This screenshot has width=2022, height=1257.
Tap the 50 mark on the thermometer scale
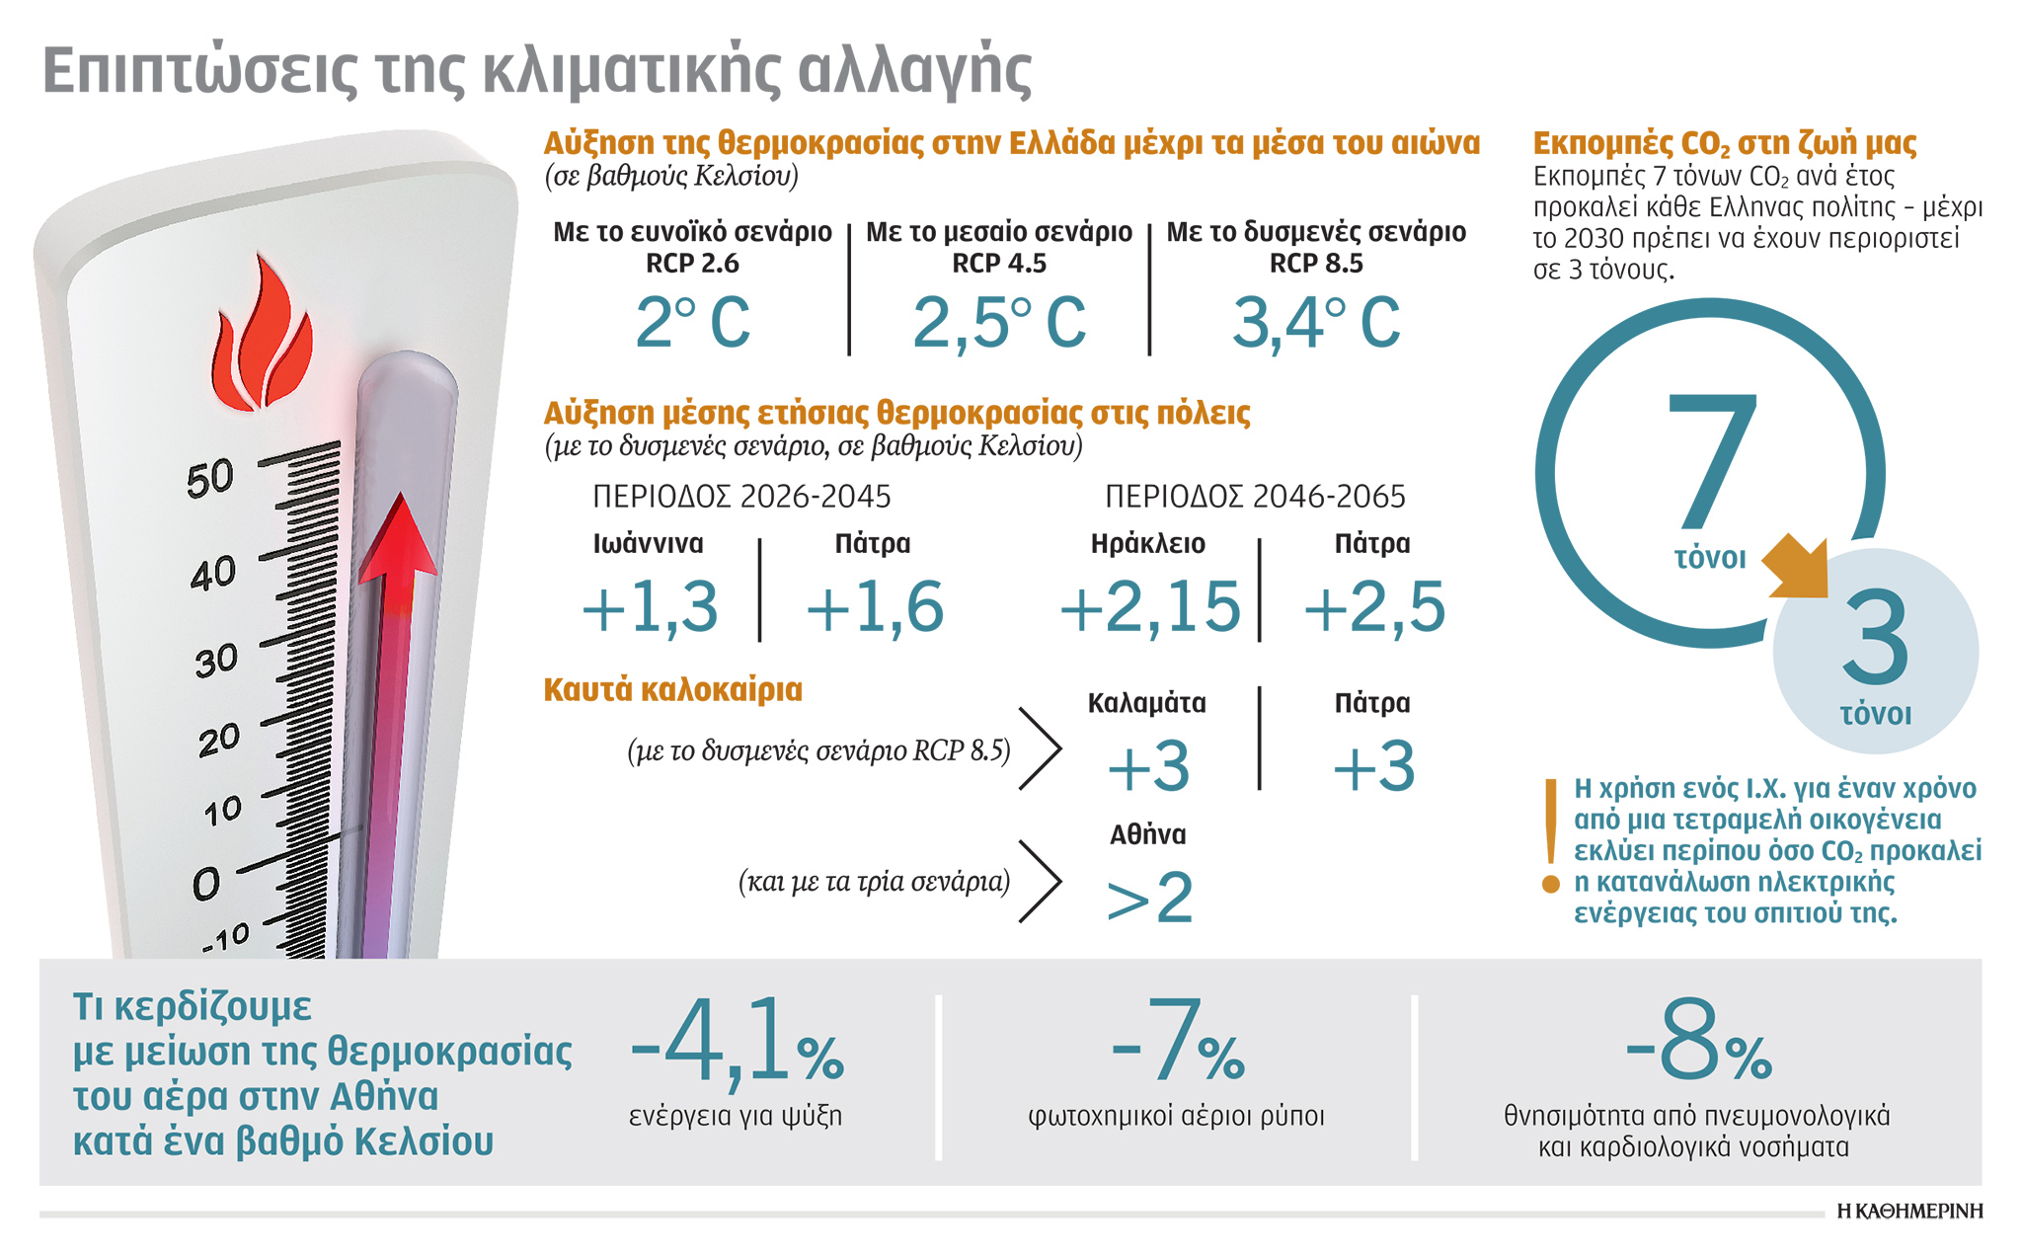(x=210, y=479)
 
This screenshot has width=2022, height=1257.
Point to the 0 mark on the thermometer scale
(x=206, y=883)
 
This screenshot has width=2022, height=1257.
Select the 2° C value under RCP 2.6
(x=693, y=323)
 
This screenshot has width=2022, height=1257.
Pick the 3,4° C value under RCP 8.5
(x=1316, y=323)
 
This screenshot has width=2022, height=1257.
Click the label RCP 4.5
(x=998, y=264)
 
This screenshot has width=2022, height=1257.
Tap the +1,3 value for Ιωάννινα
(x=650, y=607)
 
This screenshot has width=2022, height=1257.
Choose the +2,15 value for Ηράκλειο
(x=1149, y=607)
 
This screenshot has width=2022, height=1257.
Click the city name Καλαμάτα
(x=1146, y=703)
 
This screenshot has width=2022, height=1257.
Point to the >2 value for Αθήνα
(x=1149, y=898)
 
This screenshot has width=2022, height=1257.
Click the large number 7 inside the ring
(x=1711, y=460)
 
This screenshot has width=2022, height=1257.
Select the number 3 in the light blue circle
(x=1875, y=639)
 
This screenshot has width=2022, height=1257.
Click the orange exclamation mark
(x=1551, y=835)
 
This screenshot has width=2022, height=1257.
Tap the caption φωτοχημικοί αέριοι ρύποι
(x=1176, y=1117)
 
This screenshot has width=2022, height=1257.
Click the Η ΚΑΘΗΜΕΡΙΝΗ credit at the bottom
(x=1909, y=1212)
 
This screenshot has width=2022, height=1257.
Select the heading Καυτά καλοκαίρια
(x=672, y=689)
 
